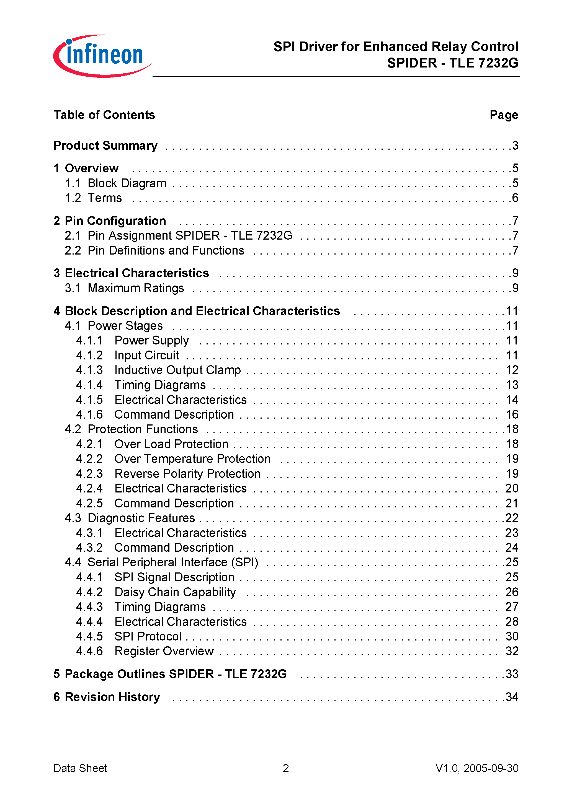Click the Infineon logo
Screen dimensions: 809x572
(102, 56)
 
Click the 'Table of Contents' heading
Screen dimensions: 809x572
(104, 115)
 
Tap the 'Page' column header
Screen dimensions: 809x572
(504, 115)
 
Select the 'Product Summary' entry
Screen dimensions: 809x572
(105, 146)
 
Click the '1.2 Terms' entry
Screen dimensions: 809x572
(94, 198)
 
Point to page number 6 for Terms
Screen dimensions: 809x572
(515, 198)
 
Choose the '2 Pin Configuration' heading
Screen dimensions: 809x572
(110, 221)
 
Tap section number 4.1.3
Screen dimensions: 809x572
(89, 370)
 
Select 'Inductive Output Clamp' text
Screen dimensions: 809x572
(177, 370)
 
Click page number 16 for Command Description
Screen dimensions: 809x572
(512, 414)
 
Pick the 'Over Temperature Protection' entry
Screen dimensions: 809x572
(192, 459)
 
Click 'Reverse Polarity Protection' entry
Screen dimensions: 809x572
(187, 474)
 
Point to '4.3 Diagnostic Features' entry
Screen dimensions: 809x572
(130, 518)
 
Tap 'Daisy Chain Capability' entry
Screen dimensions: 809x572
(175, 592)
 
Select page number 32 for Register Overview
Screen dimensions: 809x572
(512, 651)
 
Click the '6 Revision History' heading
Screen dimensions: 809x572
(107, 697)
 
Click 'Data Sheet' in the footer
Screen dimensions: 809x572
(80, 768)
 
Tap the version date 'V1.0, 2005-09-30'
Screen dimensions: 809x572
(477, 768)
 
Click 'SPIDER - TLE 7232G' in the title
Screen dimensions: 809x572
(452, 63)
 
